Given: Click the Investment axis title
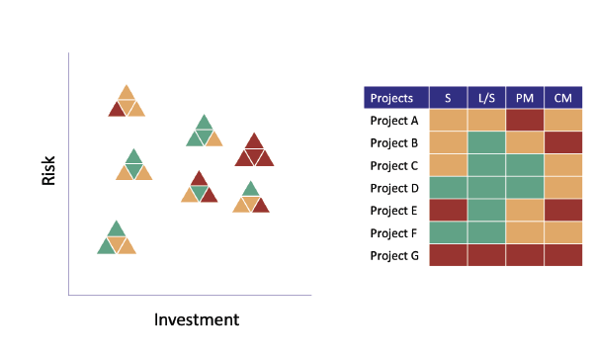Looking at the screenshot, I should pyautogui.click(x=197, y=319).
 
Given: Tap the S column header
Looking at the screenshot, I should pyautogui.click(x=448, y=98).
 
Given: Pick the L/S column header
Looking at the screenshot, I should pyautogui.click(x=485, y=98).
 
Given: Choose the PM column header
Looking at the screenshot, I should pyautogui.click(x=524, y=98).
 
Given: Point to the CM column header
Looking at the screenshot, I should pyautogui.click(x=562, y=98).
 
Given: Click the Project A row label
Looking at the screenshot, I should pyautogui.click(x=393, y=121).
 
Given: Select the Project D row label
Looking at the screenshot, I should pyautogui.click(x=393, y=188).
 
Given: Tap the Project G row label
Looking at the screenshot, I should pyautogui.click(x=393, y=255).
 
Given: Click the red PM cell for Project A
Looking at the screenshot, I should pyautogui.click(x=524, y=121).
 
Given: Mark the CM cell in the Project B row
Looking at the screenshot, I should pyautogui.click(x=562, y=142).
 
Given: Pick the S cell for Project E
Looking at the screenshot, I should pyautogui.click(x=448, y=211).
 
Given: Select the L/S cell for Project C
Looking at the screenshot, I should pyautogui.click(x=485, y=165).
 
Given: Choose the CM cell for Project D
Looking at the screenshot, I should pyautogui.click(x=562, y=188).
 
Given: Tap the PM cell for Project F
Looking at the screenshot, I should pyautogui.click(x=524, y=233).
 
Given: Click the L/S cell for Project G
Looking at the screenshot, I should pyautogui.click(x=485, y=255).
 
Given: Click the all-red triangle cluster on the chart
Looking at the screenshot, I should pyautogui.click(x=254, y=150).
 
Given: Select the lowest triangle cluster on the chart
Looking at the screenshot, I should pyautogui.click(x=117, y=238).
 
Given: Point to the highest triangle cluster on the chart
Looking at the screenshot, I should pyautogui.click(x=126, y=102).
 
